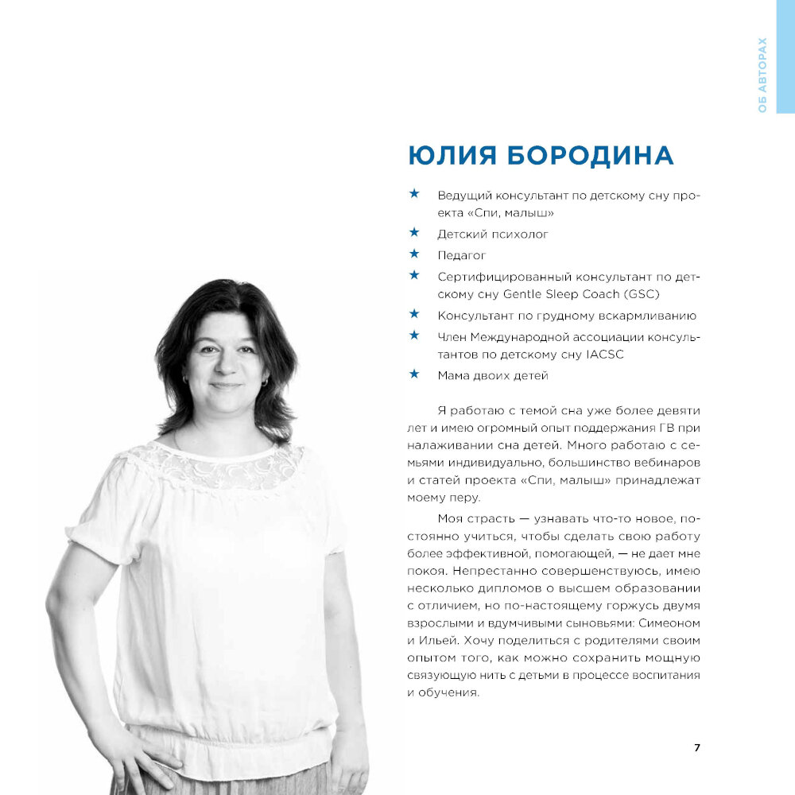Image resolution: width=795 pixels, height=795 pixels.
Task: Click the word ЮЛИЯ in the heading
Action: [x=452, y=155]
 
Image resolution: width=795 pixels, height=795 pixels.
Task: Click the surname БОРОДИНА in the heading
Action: [x=589, y=155]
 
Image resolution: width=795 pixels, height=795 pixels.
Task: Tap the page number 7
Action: [x=697, y=747]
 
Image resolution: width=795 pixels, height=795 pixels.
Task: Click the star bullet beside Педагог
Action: [x=413, y=254]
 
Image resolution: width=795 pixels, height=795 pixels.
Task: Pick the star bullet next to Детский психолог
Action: [x=413, y=233]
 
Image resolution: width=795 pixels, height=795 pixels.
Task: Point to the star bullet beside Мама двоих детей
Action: [x=413, y=374]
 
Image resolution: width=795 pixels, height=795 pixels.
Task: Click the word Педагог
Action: [x=461, y=255]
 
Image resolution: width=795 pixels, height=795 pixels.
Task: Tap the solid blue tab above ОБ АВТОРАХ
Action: [x=785, y=16]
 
